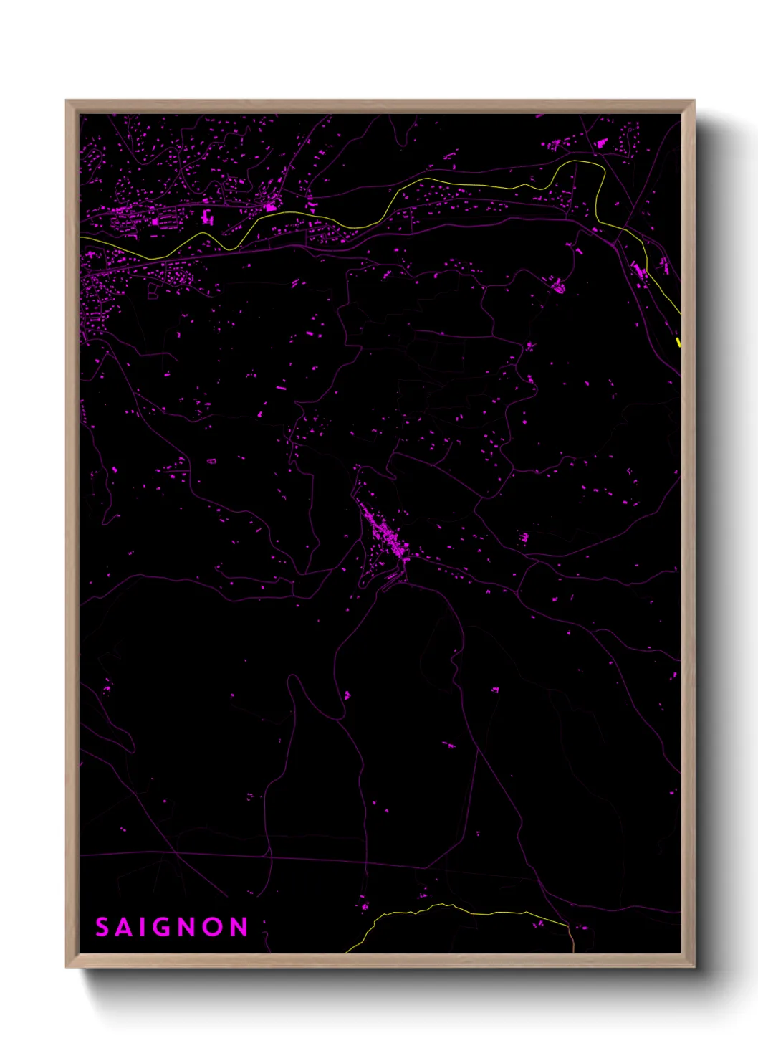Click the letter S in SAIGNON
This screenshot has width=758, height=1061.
[102, 927]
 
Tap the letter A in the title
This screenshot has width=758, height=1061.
[126, 927]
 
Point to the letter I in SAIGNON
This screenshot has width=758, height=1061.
[145, 927]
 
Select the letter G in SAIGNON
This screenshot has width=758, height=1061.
[165, 927]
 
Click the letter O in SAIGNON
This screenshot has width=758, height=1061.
[214, 927]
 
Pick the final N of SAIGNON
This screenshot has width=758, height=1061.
[239, 927]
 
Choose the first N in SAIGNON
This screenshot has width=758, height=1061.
[190, 927]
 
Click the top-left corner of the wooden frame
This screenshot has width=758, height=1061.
[67, 101]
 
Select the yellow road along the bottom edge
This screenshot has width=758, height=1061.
[459, 910]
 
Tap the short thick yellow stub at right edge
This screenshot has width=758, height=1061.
[678, 342]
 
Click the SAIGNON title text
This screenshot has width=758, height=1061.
[171, 927]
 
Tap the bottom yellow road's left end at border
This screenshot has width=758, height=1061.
[347, 951]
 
